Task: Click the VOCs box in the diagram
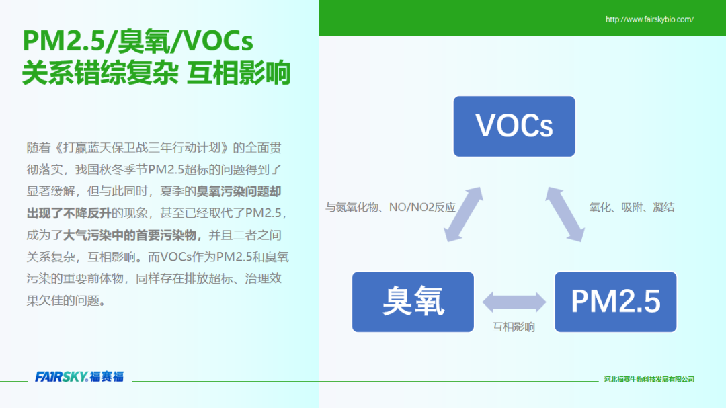click(x=514, y=126)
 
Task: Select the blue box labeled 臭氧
click(x=413, y=302)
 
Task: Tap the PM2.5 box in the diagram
click(x=615, y=302)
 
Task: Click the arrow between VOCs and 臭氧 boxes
click(x=463, y=214)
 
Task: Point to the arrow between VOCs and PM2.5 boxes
click(x=565, y=214)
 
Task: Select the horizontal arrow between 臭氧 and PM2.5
click(x=514, y=302)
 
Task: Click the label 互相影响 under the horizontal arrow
click(x=514, y=327)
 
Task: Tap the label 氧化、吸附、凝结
click(x=631, y=207)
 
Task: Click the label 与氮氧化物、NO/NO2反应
click(x=391, y=207)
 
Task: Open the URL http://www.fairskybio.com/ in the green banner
click(x=649, y=19)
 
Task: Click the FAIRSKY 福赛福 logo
click(x=79, y=376)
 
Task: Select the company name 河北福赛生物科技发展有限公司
click(x=649, y=379)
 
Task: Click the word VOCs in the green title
click(x=218, y=41)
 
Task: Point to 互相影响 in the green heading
click(x=239, y=73)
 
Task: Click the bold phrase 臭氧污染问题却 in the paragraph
click(x=239, y=192)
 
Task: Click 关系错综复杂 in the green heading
click(x=100, y=73)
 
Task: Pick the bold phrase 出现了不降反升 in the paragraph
click(x=69, y=213)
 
